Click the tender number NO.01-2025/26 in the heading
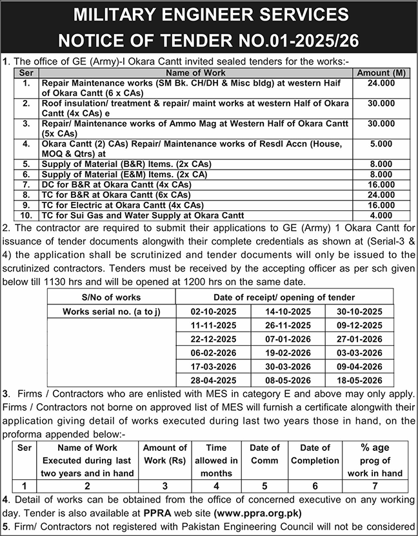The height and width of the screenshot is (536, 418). (286, 41)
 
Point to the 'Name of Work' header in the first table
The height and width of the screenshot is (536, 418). (195, 74)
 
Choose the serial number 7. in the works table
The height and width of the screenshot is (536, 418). (26, 184)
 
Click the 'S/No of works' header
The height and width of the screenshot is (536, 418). (111, 297)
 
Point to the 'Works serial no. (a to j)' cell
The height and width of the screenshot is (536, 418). (111, 311)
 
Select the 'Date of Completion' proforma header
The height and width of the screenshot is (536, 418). (315, 454)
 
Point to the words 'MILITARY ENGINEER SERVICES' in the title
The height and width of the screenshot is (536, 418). (208, 14)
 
